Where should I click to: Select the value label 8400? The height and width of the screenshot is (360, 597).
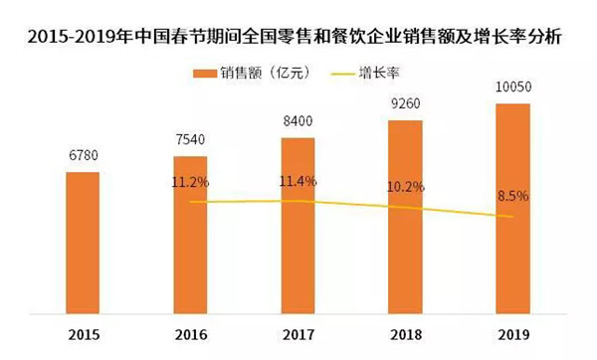point(298,123)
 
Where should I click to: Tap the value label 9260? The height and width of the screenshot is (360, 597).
point(405,103)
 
